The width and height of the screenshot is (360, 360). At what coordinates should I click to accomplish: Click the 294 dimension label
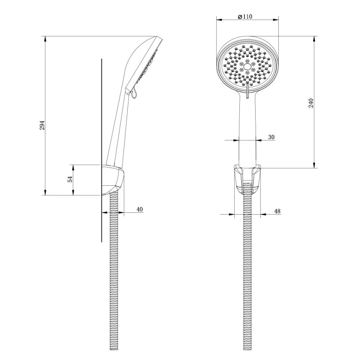point(42,125)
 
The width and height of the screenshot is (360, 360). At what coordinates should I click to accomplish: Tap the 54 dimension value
point(71,179)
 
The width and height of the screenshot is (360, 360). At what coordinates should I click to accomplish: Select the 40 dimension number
point(140,209)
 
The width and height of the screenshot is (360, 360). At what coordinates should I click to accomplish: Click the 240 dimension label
point(311,103)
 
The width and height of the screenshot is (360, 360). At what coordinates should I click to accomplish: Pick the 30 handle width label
point(271,137)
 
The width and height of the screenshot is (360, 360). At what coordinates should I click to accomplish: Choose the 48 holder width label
point(278,211)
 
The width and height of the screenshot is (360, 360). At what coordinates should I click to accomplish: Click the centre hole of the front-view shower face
point(248,66)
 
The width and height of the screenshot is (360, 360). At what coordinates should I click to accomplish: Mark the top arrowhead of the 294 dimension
point(45,38)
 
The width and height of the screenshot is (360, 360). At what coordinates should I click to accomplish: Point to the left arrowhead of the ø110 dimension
point(218,19)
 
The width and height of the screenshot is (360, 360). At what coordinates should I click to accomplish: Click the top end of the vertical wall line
point(102,59)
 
